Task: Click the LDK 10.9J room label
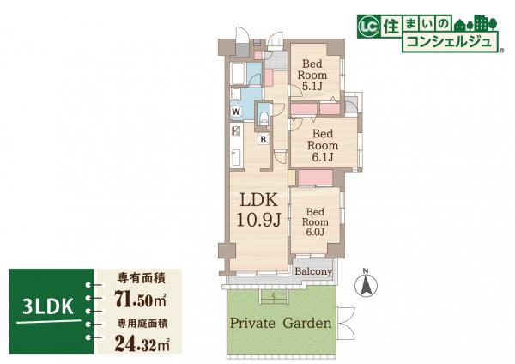click(259, 210)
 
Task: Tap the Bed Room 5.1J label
click(312, 75)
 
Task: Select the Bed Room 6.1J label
click(323, 146)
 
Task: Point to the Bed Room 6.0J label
click(315, 222)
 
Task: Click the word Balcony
click(313, 271)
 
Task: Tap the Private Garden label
click(281, 323)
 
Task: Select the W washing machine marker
click(236, 112)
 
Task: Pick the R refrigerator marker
click(264, 139)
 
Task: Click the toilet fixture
click(264, 117)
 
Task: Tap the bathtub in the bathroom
click(238, 74)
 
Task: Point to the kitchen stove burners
click(237, 131)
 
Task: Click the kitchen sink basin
click(237, 157)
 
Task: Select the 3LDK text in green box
click(48, 307)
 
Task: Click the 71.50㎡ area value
click(140, 299)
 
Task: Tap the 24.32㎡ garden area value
click(142, 343)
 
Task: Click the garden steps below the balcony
click(274, 297)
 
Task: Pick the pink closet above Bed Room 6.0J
click(315, 178)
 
